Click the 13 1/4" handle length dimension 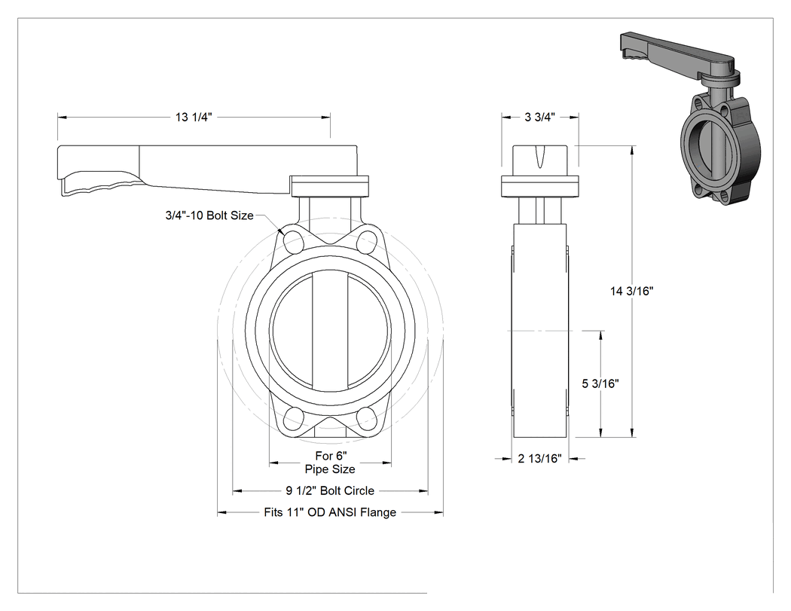point(194,117)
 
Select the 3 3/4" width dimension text point(540,117)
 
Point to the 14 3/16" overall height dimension point(631,291)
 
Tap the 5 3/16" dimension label point(600,383)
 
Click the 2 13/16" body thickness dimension point(540,459)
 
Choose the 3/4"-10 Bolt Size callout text point(209,215)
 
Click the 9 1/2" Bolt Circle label point(330,490)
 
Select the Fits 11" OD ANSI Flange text point(330,512)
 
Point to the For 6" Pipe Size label point(331,463)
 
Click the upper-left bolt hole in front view point(294,240)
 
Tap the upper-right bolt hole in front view point(367,240)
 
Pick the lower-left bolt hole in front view point(294,418)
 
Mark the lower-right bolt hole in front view point(367,418)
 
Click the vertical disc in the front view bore point(330,331)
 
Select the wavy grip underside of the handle point(101,183)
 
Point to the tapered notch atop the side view point(540,157)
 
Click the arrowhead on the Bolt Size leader point(280,231)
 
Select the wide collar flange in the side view point(539,186)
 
